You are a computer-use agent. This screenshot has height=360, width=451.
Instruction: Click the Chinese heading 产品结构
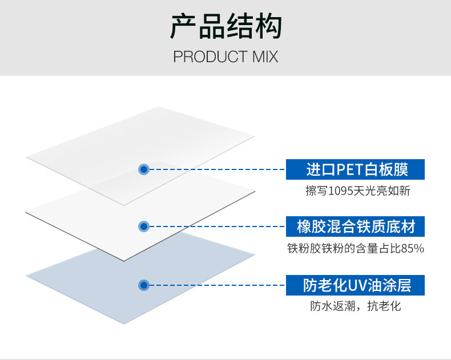[x=226, y=26]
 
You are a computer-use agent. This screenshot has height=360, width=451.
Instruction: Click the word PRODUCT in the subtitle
[x=210, y=56]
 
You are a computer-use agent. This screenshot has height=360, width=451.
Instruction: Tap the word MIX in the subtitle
[x=265, y=56]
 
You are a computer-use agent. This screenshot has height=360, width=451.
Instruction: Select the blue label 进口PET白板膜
[x=355, y=169]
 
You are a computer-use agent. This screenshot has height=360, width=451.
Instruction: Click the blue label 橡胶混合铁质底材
[x=355, y=226]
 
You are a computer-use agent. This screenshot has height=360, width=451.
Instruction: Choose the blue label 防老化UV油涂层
[x=355, y=285]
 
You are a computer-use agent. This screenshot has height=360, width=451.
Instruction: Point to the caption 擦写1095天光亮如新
[x=357, y=191]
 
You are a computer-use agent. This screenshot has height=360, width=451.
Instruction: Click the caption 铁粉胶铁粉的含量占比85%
[x=356, y=248]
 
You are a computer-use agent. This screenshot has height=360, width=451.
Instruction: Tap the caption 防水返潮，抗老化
[x=355, y=306]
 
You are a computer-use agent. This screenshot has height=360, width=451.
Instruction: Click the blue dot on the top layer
[x=144, y=169]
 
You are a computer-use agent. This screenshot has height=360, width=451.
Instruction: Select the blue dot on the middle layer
[x=144, y=226]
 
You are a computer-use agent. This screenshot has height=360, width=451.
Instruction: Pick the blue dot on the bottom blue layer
[x=144, y=285]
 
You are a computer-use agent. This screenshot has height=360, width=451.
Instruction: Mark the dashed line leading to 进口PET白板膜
[x=218, y=169]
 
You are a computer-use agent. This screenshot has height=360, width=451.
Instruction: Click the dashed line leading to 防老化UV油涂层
[x=218, y=285]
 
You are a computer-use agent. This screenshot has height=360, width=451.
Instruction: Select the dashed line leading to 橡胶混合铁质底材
[x=218, y=226]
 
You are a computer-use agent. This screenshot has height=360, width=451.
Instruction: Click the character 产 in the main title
[x=183, y=26]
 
